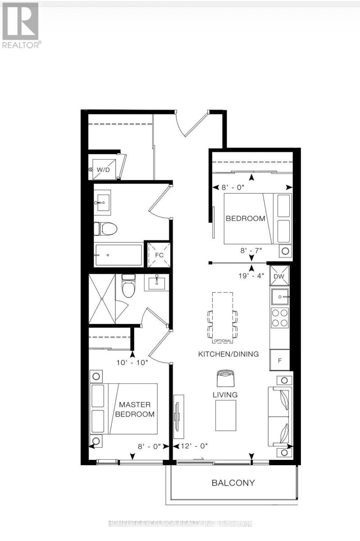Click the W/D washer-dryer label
(x=103, y=170)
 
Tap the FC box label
(x=159, y=255)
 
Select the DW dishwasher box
(x=279, y=276)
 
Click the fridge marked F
(x=280, y=360)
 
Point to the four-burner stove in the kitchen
(x=280, y=317)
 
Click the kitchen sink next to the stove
(x=280, y=297)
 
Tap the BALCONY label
(x=233, y=482)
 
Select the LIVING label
(x=225, y=395)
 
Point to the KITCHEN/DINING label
(x=228, y=354)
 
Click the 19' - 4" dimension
(x=251, y=275)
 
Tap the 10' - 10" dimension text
(x=132, y=362)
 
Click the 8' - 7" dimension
(x=251, y=251)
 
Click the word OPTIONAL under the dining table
(x=223, y=341)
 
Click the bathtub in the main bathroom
(x=119, y=255)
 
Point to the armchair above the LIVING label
(x=226, y=378)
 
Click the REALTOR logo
(x=21, y=25)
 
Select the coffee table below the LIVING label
(x=226, y=415)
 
